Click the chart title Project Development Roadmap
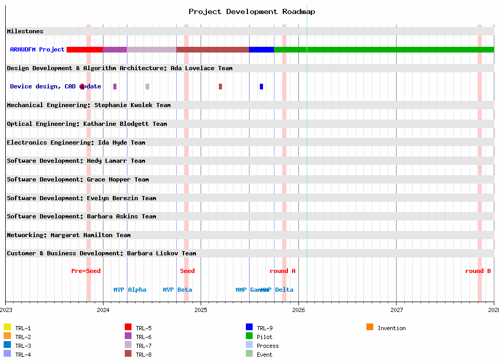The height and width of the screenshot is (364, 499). click(x=252, y=11)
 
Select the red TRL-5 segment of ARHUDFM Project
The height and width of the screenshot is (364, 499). click(x=85, y=49)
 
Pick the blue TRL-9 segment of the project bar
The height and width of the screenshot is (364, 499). click(x=261, y=49)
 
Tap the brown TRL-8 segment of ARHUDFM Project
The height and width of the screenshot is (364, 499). click(x=213, y=49)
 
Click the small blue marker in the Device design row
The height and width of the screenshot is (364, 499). click(x=261, y=86)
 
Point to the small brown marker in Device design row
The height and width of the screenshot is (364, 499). click(x=220, y=86)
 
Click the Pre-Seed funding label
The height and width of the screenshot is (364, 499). click(x=86, y=271)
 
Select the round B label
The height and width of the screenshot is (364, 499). click(x=478, y=271)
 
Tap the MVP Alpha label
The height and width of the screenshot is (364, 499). click(x=130, y=290)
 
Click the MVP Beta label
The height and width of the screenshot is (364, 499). click(x=177, y=290)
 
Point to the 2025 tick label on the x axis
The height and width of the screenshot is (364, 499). click(x=201, y=310)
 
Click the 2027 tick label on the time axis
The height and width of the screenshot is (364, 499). click(x=396, y=310)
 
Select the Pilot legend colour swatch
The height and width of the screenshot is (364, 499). click(x=249, y=336)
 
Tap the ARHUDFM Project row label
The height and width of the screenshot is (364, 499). click(x=37, y=49)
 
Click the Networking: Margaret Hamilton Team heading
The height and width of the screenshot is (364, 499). click(x=69, y=235)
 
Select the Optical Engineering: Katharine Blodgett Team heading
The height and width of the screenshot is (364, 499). click(x=87, y=124)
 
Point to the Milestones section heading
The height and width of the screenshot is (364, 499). click(x=25, y=31)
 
